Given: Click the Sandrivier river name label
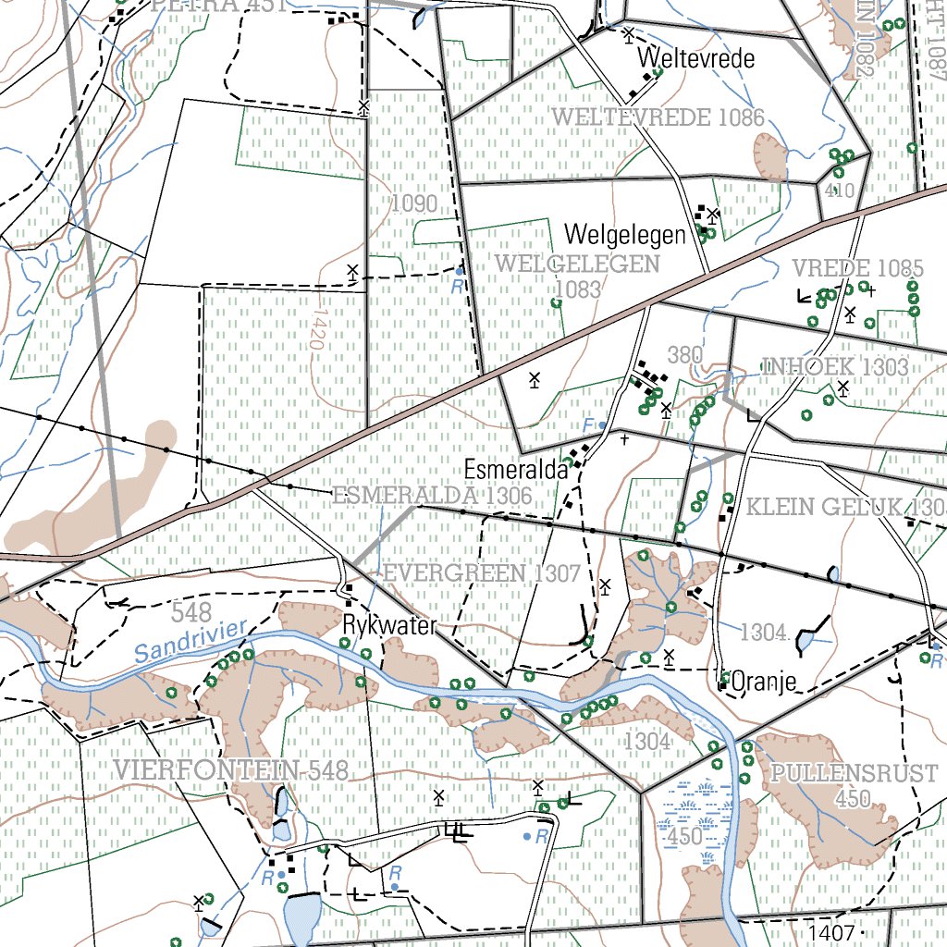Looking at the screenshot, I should click(191, 640).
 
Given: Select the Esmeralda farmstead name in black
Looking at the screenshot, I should click(515, 469).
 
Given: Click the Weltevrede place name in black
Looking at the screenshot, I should click(696, 59).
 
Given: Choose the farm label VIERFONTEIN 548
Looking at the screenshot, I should click(231, 770).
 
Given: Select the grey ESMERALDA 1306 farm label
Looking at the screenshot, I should click(432, 496).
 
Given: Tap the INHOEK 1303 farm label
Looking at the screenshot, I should click(835, 367).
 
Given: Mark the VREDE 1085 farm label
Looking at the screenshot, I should click(857, 269).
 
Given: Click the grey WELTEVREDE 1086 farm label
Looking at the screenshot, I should click(658, 117).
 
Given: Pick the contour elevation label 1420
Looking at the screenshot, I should click(318, 329).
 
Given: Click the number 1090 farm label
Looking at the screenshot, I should click(412, 203).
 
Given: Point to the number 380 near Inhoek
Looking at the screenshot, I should click(684, 355).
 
